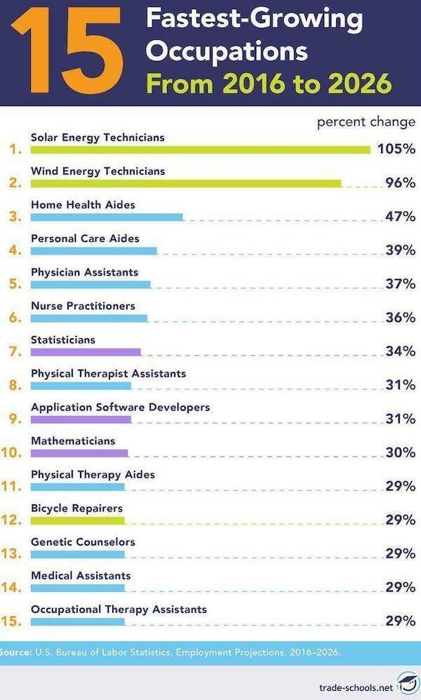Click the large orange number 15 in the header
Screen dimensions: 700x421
(x=67, y=51)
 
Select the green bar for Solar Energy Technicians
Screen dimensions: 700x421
(x=200, y=149)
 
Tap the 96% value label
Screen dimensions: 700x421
(x=401, y=183)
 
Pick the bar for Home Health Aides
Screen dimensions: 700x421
(x=107, y=217)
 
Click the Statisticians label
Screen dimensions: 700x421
(x=63, y=339)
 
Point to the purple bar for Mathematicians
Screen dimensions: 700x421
(x=79, y=453)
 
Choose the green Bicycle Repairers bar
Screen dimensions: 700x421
(x=77, y=520)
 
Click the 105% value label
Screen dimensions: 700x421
(x=396, y=149)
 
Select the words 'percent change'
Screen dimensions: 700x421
(x=366, y=121)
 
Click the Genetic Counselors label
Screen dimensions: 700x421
(x=83, y=541)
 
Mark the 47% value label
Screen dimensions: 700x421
(x=401, y=216)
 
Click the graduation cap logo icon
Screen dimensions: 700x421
(x=406, y=683)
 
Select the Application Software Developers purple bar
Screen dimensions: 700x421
(x=81, y=419)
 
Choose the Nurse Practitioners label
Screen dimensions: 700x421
(x=83, y=306)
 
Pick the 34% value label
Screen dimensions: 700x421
(x=401, y=351)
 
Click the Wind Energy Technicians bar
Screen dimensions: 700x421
(x=186, y=183)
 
